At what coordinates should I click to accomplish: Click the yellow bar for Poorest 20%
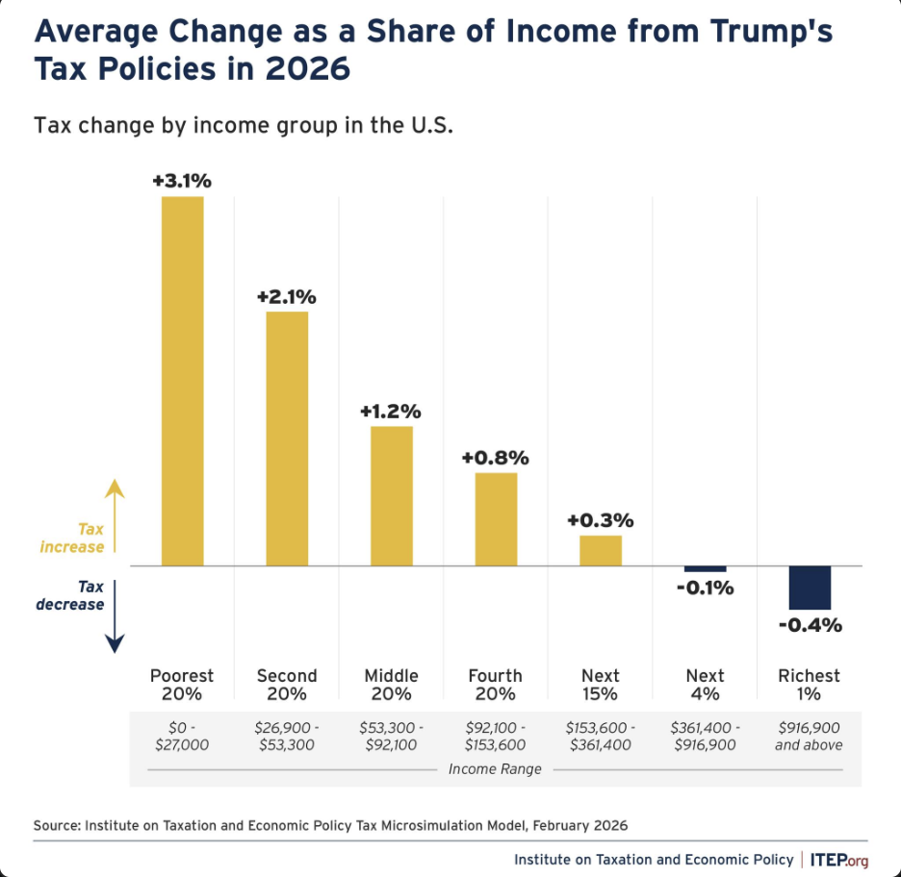[x=182, y=381]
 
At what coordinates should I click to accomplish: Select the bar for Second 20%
[x=287, y=438]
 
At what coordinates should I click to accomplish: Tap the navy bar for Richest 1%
[x=810, y=588]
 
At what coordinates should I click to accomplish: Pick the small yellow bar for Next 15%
[x=600, y=550]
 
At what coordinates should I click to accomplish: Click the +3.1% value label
[x=182, y=181]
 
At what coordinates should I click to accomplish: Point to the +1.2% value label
[x=391, y=411]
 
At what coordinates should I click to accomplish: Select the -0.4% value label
[x=811, y=625]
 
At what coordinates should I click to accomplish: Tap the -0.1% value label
[x=705, y=587]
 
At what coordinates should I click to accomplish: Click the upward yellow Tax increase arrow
[x=115, y=514]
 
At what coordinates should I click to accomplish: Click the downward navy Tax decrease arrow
[x=115, y=615]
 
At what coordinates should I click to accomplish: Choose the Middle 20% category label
[x=391, y=685]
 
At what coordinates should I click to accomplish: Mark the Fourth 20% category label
[x=495, y=685]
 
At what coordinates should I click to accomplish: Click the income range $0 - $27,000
[x=182, y=736]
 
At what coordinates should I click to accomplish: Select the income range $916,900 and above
[x=810, y=736]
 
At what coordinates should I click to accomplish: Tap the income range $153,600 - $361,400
[x=600, y=736]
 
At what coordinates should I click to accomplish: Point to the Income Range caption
[x=495, y=768]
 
